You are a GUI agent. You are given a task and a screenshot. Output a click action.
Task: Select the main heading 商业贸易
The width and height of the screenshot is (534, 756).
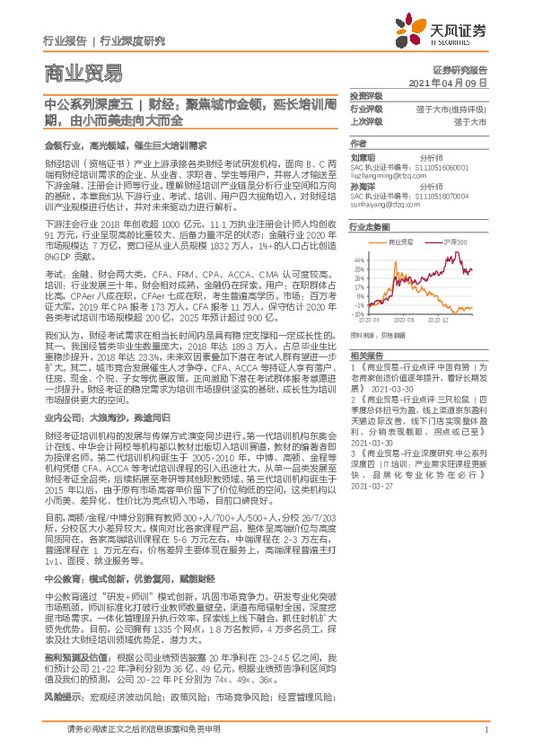82,73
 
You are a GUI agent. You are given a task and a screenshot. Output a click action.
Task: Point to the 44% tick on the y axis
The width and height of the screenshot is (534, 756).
358,259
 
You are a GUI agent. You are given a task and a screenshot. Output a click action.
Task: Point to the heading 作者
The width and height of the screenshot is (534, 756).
359,144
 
